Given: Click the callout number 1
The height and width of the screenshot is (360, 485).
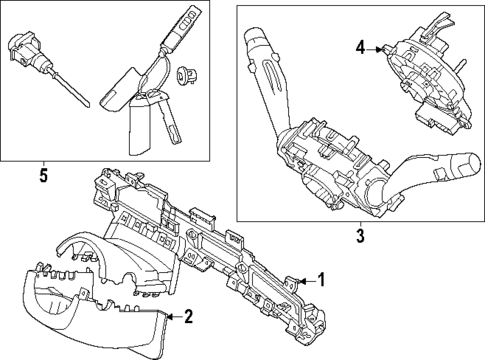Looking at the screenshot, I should click(x=322, y=280).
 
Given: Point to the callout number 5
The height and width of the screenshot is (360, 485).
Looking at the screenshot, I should click(x=42, y=177).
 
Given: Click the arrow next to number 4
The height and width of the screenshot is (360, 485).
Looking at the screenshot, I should click(x=375, y=47).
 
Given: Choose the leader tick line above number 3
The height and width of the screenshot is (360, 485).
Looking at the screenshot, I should click(x=359, y=223).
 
